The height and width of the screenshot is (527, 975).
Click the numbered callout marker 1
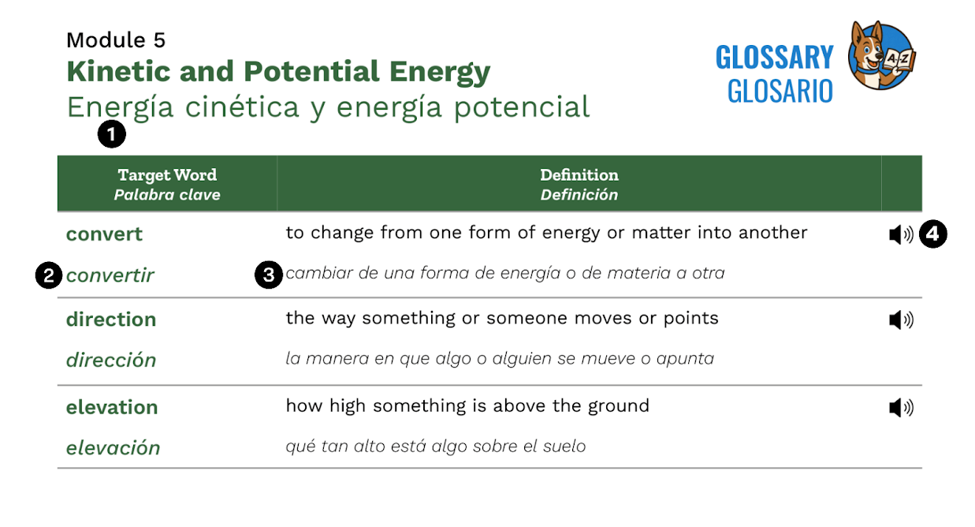[x=112, y=134]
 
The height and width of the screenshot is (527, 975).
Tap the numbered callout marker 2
[x=49, y=275]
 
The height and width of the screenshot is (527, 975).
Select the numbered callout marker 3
[x=269, y=275]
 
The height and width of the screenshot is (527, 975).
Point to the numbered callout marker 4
[x=932, y=234]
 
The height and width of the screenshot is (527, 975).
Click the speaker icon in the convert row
[x=901, y=235]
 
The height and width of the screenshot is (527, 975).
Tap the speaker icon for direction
[x=901, y=320]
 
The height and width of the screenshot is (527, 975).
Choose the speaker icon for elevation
[x=901, y=408]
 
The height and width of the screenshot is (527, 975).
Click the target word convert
[x=104, y=234]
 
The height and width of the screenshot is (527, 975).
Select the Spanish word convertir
[x=110, y=275]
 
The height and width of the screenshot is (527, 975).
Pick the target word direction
[x=111, y=320]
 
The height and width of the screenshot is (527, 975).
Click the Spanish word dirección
[x=111, y=361]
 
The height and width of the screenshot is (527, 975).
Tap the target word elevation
[x=112, y=407]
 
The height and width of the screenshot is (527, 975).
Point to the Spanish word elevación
[x=114, y=448]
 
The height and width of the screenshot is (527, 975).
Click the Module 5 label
[x=116, y=40]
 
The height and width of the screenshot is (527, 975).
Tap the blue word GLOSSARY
[x=774, y=58]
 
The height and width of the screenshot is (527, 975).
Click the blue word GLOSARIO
[x=780, y=92]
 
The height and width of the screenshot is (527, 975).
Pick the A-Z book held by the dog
[x=899, y=60]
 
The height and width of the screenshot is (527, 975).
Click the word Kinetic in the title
[x=118, y=71]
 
